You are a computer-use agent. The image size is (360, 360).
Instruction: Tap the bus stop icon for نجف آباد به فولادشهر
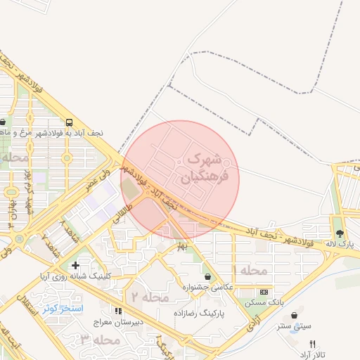(70, 120)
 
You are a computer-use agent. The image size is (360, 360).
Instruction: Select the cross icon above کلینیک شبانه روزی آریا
(75, 265)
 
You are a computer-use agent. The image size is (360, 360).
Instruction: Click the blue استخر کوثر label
(63, 308)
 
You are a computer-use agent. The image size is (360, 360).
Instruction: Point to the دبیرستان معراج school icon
(118, 310)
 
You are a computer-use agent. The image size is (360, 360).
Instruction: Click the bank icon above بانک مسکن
(264, 292)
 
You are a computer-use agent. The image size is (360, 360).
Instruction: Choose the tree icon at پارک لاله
(340, 233)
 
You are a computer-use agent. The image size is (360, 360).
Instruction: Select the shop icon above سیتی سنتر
(293, 315)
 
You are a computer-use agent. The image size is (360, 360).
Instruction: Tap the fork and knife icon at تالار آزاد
(312, 344)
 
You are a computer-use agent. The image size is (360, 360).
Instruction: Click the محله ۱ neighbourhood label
(252, 271)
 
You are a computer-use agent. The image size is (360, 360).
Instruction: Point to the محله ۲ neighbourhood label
(152, 298)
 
